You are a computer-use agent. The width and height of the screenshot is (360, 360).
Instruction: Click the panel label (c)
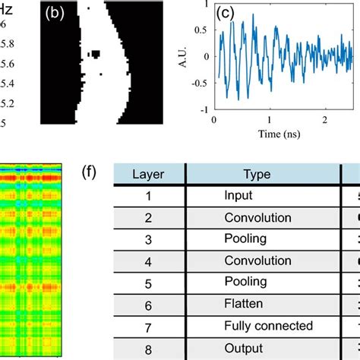pyautogui.click(x=226, y=14)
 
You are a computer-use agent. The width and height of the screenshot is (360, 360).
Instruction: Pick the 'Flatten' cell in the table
pyautogui.click(x=242, y=304)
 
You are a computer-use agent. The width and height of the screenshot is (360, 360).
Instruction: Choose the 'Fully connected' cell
pyautogui.click(x=268, y=326)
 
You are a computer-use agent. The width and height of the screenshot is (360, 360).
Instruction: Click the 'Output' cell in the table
pyautogui.click(x=242, y=348)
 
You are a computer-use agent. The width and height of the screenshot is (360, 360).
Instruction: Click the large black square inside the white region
pyautogui.click(x=96, y=53)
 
